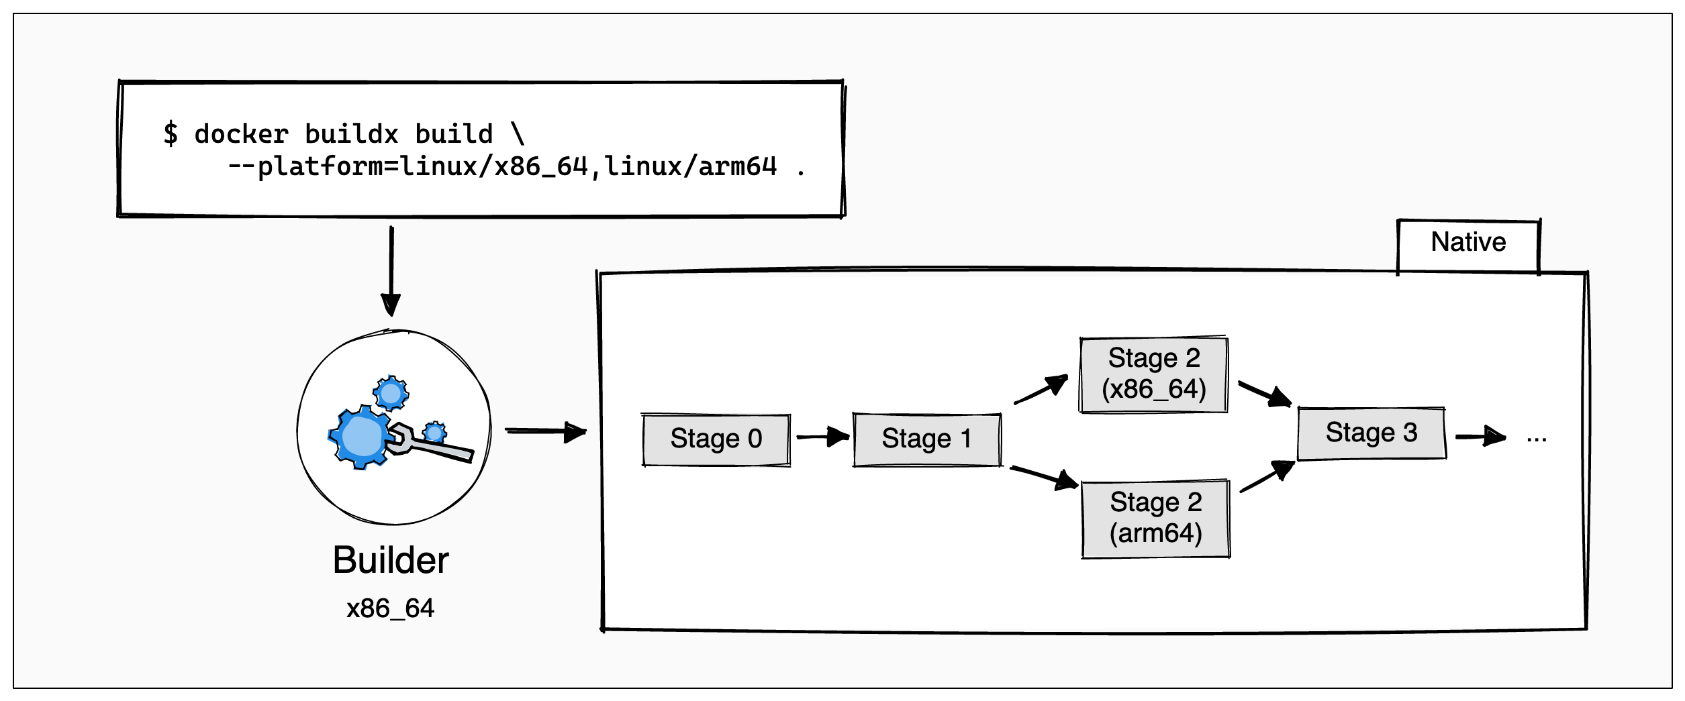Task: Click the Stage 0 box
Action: coord(716,439)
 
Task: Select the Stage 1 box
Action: coord(926,439)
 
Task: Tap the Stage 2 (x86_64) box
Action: coord(1153,374)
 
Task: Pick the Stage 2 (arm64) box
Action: coord(1155,519)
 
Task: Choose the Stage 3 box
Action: coord(1371,433)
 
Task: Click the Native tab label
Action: coord(1468,242)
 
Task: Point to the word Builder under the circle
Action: coord(391,560)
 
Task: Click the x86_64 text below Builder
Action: coord(391,608)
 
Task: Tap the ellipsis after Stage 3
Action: coord(1536,437)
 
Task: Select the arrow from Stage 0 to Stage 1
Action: coord(822,437)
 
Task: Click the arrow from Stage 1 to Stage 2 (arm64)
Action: coord(1044,477)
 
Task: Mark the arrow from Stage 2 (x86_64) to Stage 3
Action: coord(1264,394)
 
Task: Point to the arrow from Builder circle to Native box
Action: coord(545,431)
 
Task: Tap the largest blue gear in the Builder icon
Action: coord(361,437)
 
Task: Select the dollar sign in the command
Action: coord(171,133)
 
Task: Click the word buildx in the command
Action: coord(352,134)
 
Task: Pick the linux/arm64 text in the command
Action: coord(691,166)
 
